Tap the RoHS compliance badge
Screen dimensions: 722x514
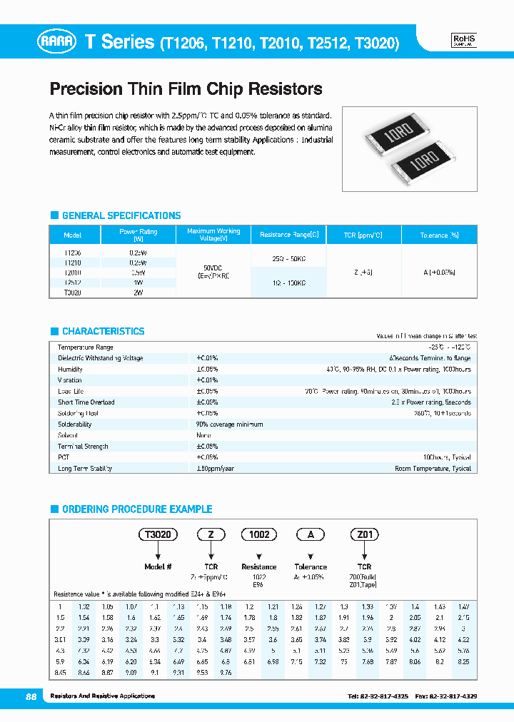coord(465,41)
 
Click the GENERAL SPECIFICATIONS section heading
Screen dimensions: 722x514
coord(121,215)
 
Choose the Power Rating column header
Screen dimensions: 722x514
coord(138,235)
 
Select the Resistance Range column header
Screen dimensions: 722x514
coord(289,235)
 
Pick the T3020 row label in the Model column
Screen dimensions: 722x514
coord(72,293)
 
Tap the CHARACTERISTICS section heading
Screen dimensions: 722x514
coord(103,331)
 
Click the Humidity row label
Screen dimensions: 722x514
coord(70,370)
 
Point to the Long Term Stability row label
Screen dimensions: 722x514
coord(85,469)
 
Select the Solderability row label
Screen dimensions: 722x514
coord(75,424)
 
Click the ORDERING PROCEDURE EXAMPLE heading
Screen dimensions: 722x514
coord(137,509)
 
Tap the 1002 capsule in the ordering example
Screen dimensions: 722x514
coord(258,534)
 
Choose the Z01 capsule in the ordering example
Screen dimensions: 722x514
coord(363,534)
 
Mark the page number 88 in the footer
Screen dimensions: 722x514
coord(31,696)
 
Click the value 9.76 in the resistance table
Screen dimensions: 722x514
coord(226,672)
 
